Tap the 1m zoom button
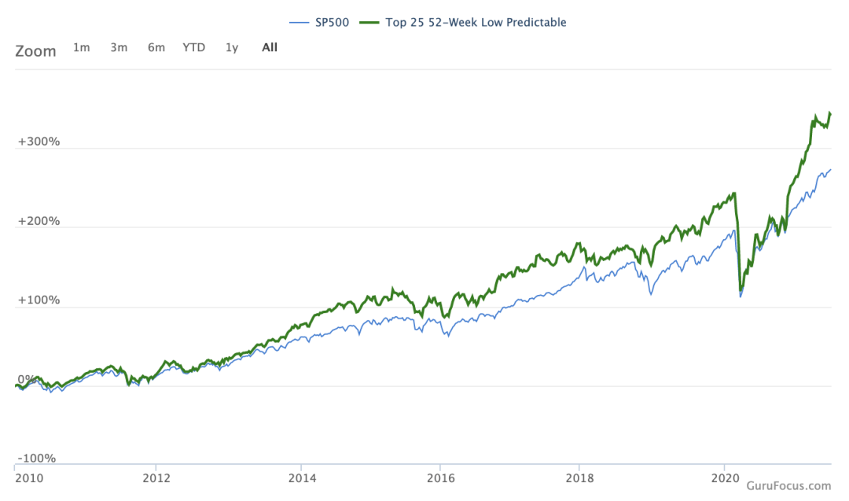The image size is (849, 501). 81,47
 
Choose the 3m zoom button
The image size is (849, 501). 119,47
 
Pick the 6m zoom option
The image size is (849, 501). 156,47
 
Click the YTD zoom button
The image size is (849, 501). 193,47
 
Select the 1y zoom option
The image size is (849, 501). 232,47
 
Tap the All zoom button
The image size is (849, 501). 270,47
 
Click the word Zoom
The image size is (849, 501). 35,51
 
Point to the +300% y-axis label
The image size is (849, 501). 39,142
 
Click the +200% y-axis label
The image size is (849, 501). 39,221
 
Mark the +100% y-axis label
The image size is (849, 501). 39,300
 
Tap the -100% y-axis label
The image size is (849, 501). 37,459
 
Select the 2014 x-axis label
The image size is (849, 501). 302,477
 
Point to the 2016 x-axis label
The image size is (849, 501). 441,477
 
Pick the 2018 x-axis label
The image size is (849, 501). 579,477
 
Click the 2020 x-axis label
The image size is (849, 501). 724,477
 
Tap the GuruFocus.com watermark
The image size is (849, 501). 788,487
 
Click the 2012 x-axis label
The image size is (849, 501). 156,477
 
